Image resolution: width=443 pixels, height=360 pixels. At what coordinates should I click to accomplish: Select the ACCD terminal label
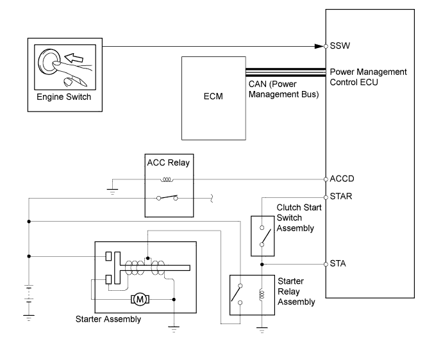(342, 180)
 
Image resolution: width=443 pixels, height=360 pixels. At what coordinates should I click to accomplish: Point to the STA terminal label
(339, 263)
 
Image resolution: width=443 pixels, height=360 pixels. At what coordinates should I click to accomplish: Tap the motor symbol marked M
(139, 299)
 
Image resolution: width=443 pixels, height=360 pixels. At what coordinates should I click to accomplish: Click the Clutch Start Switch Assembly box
(261, 236)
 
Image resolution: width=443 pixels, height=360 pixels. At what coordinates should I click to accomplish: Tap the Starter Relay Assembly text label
(296, 291)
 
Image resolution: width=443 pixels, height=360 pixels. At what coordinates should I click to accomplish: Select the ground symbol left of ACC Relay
(112, 190)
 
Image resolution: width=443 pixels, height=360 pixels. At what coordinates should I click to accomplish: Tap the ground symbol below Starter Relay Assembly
(261, 331)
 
